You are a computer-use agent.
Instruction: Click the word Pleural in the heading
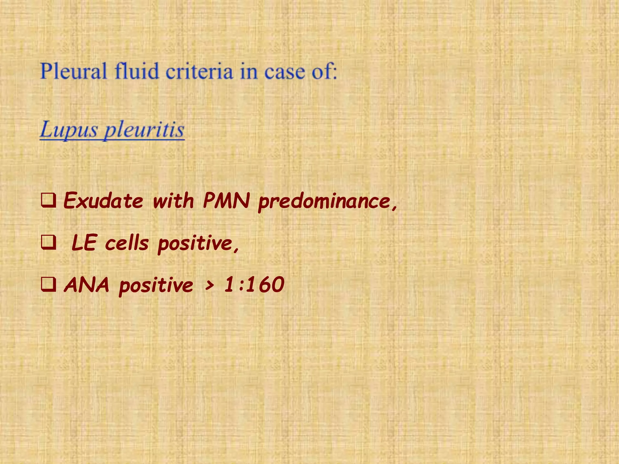(73, 71)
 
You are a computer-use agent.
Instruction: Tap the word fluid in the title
(137, 71)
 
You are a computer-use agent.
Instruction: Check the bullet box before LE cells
(48, 243)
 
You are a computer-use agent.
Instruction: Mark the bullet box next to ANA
(48, 285)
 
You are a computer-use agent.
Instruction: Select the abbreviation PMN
(226, 200)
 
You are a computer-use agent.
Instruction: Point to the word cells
(127, 243)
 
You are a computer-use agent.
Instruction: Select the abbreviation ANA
(86, 285)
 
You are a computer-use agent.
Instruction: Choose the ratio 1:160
(254, 285)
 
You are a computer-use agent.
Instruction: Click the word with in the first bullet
(173, 200)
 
